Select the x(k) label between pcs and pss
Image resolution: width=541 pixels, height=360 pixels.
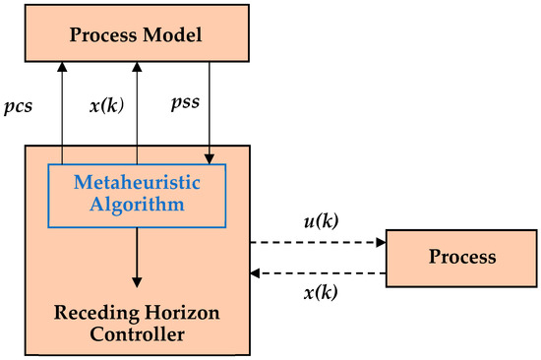pyautogui.click(x=108, y=103)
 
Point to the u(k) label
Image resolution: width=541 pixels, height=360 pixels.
pyautogui.click(x=322, y=221)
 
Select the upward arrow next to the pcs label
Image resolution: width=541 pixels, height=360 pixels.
pyautogui.click(x=63, y=108)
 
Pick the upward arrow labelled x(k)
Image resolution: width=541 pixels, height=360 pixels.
pyautogui.click(x=138, y=108)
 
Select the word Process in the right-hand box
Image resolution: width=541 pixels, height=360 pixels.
pyautogui.click(x=461, y=258)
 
